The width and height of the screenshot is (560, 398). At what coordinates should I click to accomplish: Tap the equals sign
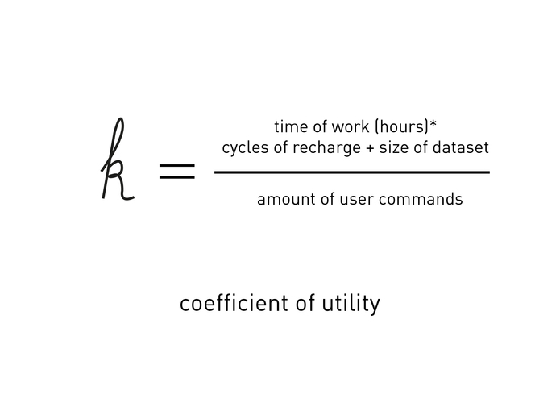177,172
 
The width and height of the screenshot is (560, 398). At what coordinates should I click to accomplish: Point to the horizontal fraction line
352,172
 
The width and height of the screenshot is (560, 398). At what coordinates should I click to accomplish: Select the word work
350,127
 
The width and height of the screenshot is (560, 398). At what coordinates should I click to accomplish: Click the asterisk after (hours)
433,125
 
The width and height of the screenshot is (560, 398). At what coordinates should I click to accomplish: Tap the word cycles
246,148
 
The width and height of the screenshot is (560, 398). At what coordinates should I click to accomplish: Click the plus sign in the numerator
370,148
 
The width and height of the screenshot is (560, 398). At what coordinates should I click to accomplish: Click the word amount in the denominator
286,200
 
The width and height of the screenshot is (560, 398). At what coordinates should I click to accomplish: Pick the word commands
421,200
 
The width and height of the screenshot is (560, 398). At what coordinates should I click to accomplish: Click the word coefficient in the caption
234,304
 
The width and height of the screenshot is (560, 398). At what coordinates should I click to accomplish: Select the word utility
351,305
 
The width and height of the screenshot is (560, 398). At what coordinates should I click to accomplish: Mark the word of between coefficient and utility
305,304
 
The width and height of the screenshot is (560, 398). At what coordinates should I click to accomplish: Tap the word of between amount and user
327,200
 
